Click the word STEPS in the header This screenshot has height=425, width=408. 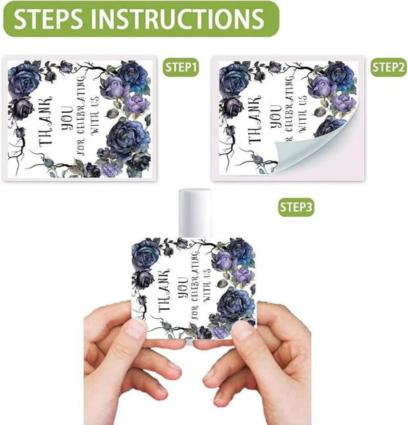(x=48, y=18)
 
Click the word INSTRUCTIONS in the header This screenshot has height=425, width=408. (x=177, y=18)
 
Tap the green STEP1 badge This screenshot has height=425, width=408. (x=181, y=67)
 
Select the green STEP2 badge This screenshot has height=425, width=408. (x=388, y=67)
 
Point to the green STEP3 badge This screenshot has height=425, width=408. (x=296, y=207)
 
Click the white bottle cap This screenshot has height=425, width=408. (x=195, y=213)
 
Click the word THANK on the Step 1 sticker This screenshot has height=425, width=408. (x=45, y=122)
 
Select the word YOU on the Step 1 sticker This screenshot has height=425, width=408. (x=67, y=118)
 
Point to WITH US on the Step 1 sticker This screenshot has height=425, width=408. (x=95, y=115)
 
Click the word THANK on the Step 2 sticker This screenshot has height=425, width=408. (x=255, y=119)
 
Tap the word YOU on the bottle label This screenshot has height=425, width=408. (x=184, y=287)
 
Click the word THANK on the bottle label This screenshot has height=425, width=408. (x=163, y=291)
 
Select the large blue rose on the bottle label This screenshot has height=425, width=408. (x=235, y=304)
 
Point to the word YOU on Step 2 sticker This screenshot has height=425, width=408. (x=276, y=116)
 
